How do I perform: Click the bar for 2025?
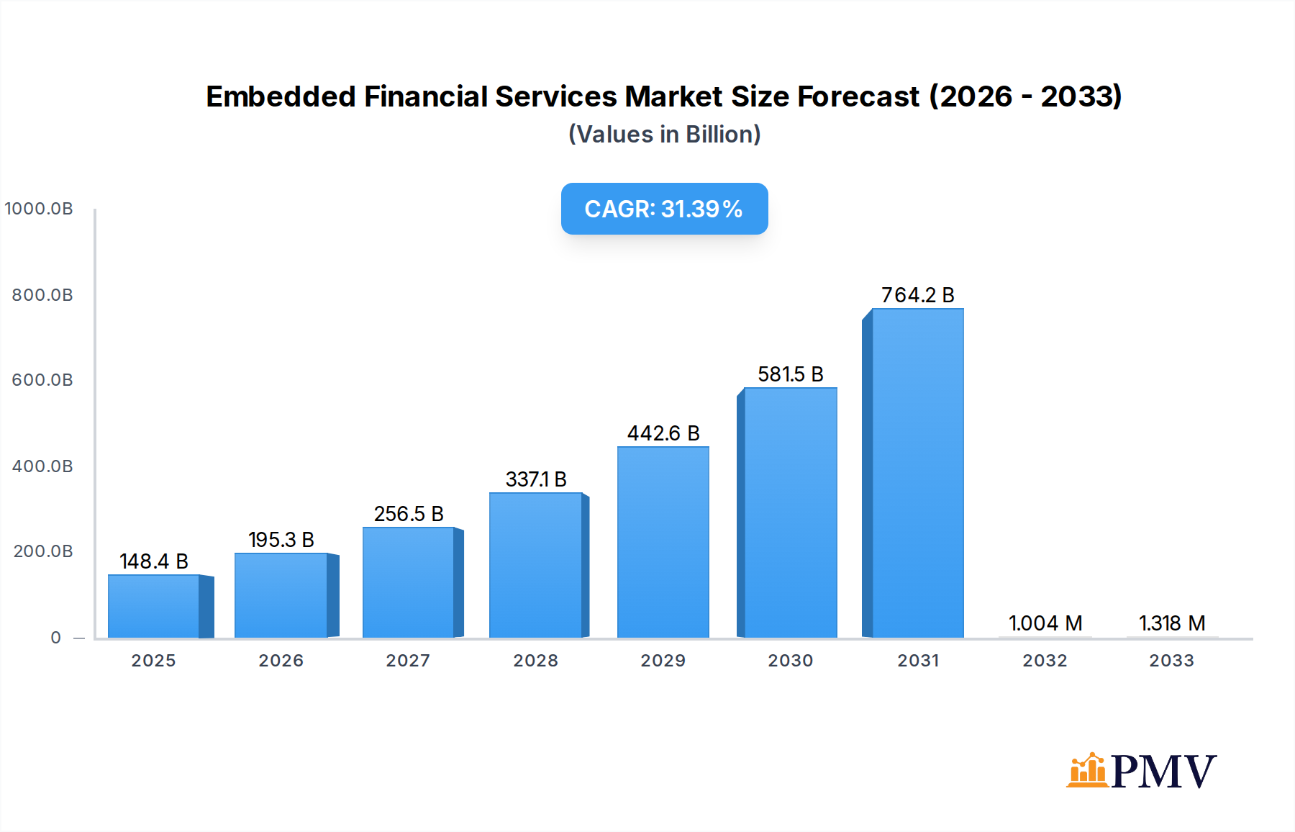(x=154, y=606)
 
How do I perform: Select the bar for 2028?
(x=536, y=565)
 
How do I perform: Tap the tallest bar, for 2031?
(x=917, y=473)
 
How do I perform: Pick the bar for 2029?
(x=663, y=542)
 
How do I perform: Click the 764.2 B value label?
(x=917, y=295)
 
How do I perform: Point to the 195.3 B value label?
(x=281, y=540)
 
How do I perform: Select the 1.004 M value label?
(x=1045, y=623)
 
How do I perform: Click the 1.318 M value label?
(x=1172, y=623)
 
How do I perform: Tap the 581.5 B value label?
(x=790, y=374)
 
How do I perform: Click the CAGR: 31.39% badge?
(x=664, y=209)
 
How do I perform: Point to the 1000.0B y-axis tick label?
(x=39, y=209)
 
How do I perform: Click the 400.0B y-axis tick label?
(x=42, y=466)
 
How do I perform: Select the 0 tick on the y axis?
(x=56, y=638)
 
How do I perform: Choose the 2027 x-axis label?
(x=408, y=661)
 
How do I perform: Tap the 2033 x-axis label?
(x=1171, y=661)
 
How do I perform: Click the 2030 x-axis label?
(x=790, y=661)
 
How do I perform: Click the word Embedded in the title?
(x=281, y=96)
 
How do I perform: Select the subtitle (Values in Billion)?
(x=664, y=135)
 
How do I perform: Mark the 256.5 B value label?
(x=409, y=514)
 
